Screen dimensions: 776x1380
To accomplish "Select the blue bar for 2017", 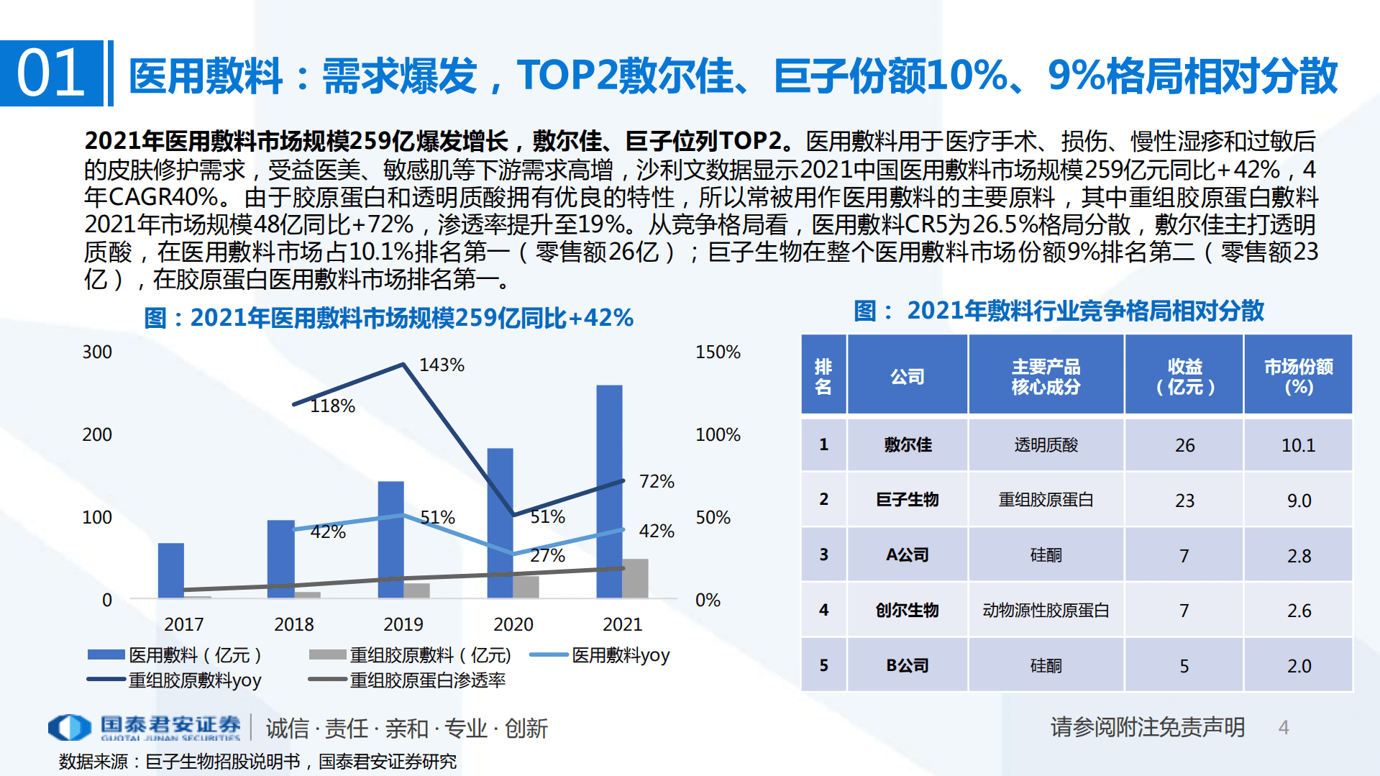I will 170,570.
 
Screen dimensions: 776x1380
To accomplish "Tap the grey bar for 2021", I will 635,578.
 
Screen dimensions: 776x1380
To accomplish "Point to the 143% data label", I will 442,365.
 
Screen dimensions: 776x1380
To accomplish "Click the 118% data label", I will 332,406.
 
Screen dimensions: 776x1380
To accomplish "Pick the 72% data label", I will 657,482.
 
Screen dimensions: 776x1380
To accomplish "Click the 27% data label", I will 547,556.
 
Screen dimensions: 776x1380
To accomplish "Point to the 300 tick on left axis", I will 97,352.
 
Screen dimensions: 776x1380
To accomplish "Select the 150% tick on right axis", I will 718,352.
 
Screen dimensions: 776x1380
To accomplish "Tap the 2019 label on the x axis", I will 403,624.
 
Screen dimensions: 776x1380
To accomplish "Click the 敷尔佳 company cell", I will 908,445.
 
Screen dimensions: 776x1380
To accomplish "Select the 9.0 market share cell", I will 1299,501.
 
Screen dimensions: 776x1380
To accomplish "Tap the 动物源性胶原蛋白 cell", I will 1046,611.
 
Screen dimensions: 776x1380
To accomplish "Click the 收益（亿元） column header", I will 1184,376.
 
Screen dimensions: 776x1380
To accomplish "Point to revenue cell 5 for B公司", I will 1184,666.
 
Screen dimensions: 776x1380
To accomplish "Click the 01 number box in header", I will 51,73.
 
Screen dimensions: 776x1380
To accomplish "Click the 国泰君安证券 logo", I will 144,727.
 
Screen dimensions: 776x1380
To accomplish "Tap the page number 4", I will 1284,728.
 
